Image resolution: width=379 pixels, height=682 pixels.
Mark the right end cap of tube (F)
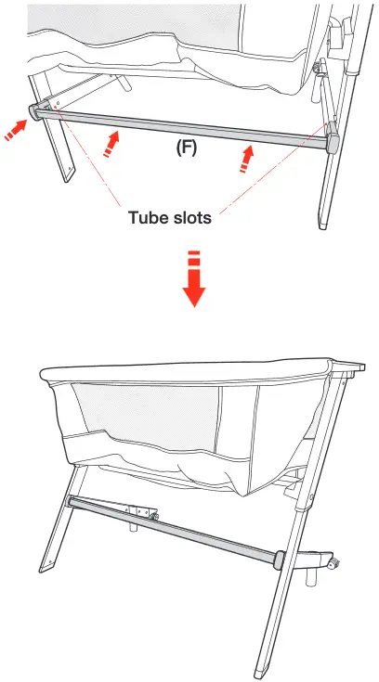click(x=333, y=142)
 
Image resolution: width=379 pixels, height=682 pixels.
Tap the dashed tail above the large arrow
click(x=192, y=259)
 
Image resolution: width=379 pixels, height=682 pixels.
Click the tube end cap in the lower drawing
click(x=277, y=559)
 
